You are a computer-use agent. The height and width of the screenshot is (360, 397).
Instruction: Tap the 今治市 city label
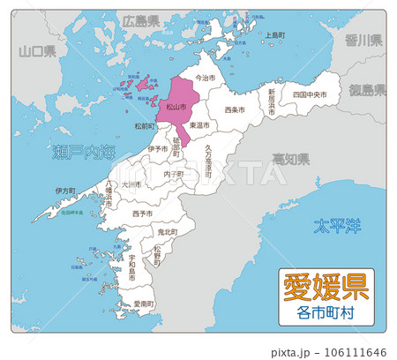tap(204, 78)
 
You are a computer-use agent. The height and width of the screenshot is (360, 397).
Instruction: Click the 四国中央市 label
tap(310, 93)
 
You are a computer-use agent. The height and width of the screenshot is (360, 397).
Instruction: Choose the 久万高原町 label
tap(208, 162)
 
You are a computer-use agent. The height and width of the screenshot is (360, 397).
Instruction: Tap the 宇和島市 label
tap(131, 265)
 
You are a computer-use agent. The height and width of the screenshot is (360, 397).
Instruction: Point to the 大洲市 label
tap(131, 185)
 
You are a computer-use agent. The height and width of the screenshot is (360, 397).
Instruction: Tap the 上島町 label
tap(275, 36)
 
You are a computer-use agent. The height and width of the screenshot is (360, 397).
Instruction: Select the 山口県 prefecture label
tap(38, 52)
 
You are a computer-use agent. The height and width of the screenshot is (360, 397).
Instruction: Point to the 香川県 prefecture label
tap(363, 40)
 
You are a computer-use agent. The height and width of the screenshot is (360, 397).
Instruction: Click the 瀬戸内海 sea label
tap(83, 153)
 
